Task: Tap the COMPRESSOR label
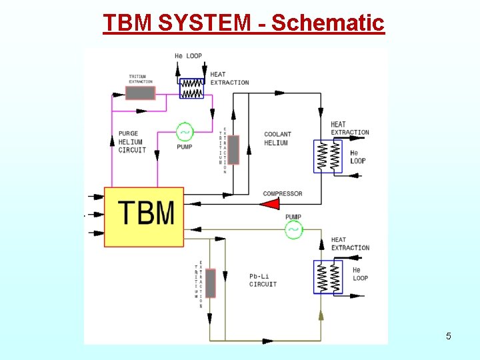click(x=283, y=194)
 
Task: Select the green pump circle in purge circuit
click(x=184, y=131)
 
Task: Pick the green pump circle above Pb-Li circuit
click(x=293, y=231)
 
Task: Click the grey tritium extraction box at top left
click(x=141, y=93)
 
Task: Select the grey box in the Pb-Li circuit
click(x=210, y=283)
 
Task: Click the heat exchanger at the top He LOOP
click(x=192, y=88)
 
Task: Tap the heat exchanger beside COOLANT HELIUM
click(x=327, y=157)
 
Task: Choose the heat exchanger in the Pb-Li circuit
click(x=327, y=277)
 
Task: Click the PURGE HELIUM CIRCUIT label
click(x=131, y=142)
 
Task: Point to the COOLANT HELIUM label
click(x=277, y=139)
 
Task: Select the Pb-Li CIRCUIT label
click(x=263, y=280)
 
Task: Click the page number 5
click(x=448, y=336)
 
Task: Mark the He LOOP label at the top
click(x=188, y=56)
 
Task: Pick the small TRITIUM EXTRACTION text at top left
click(x=141, y=79)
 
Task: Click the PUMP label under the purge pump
click(x=185, y=147)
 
